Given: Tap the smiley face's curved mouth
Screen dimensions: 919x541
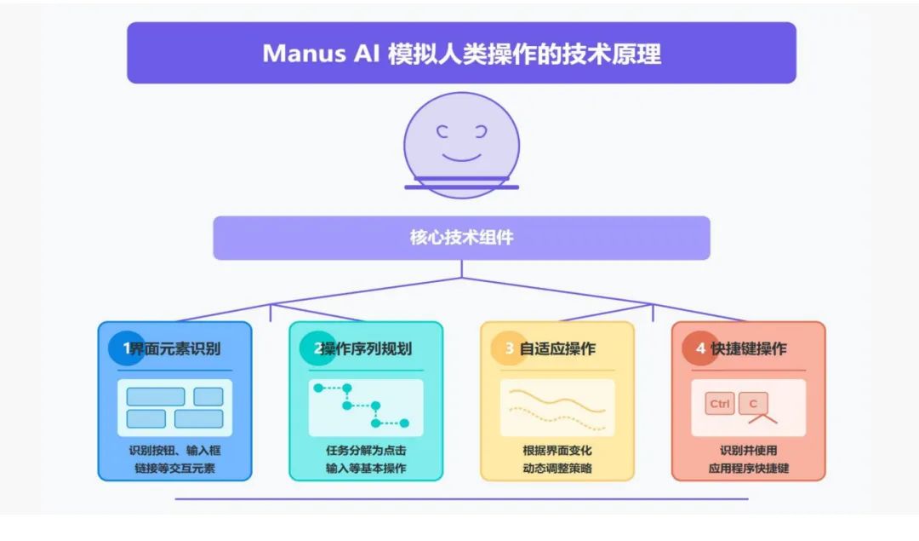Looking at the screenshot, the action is point(462,158).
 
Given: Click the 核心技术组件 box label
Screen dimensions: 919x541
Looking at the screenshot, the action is point(461,238).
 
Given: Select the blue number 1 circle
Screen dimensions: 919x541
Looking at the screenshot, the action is point(126,348).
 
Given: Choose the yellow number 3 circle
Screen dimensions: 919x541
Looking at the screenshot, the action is point(509,348).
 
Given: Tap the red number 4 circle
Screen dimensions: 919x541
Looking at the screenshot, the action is point(700,348).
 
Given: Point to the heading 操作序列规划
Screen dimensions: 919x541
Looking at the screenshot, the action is point(367,348).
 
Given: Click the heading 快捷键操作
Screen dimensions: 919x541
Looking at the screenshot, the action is point(749,348).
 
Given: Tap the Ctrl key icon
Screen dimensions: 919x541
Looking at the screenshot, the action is point(720,404).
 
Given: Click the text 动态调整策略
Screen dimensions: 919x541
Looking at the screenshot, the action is point(557,468).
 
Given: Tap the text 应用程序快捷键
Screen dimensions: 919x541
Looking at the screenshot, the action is point(749,468).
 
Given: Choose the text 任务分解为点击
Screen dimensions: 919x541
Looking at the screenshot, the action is point(366,450).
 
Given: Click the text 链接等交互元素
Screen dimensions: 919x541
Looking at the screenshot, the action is point(174,468).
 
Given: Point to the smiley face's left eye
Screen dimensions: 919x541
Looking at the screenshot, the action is point(442,131).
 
